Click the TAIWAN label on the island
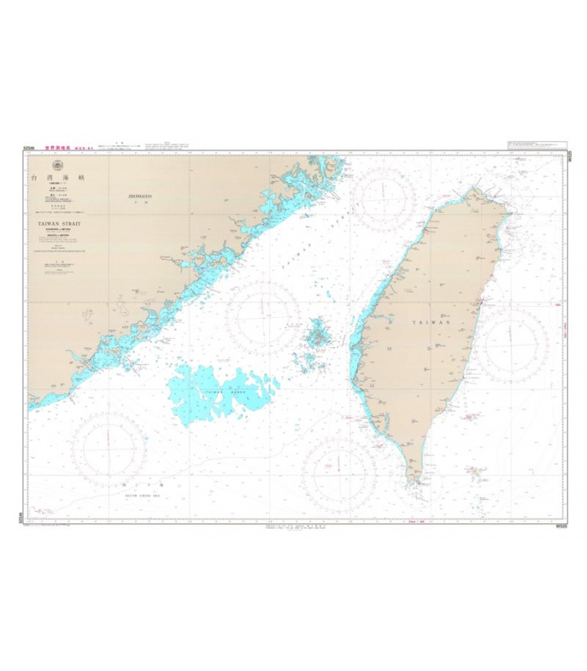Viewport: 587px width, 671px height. [x=431, y=322]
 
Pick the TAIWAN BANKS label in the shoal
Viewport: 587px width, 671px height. [x=210, y=391]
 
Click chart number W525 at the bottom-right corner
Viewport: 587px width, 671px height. [x=562, y=527]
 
